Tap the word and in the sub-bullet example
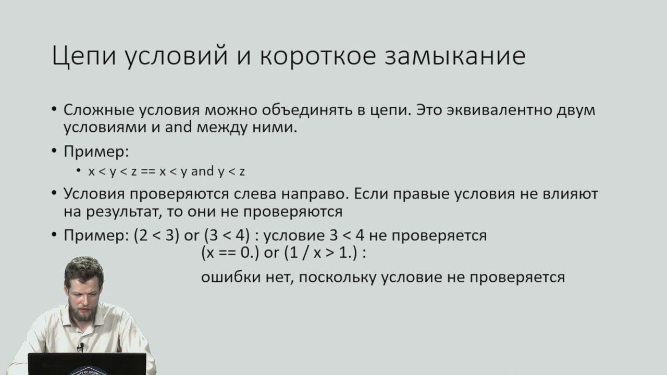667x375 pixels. point(203,171)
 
